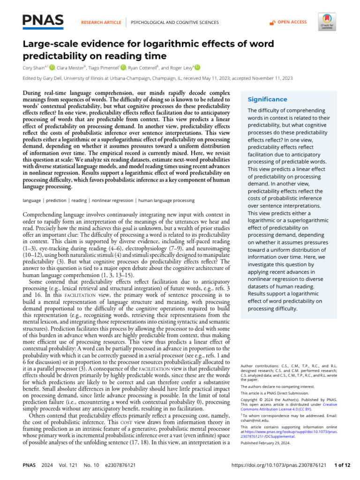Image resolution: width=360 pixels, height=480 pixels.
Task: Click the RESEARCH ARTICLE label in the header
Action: (101, 22)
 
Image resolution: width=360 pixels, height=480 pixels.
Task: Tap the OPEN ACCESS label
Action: (292, 22)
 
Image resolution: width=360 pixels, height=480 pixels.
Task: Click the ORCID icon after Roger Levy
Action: (197, 67)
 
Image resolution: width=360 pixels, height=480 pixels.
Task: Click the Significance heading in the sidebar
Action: (267, 99)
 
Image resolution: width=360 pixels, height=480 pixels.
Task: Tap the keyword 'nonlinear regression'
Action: (112, 200)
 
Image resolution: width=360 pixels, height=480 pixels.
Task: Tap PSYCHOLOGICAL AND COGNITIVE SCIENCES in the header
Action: (174, 22)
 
